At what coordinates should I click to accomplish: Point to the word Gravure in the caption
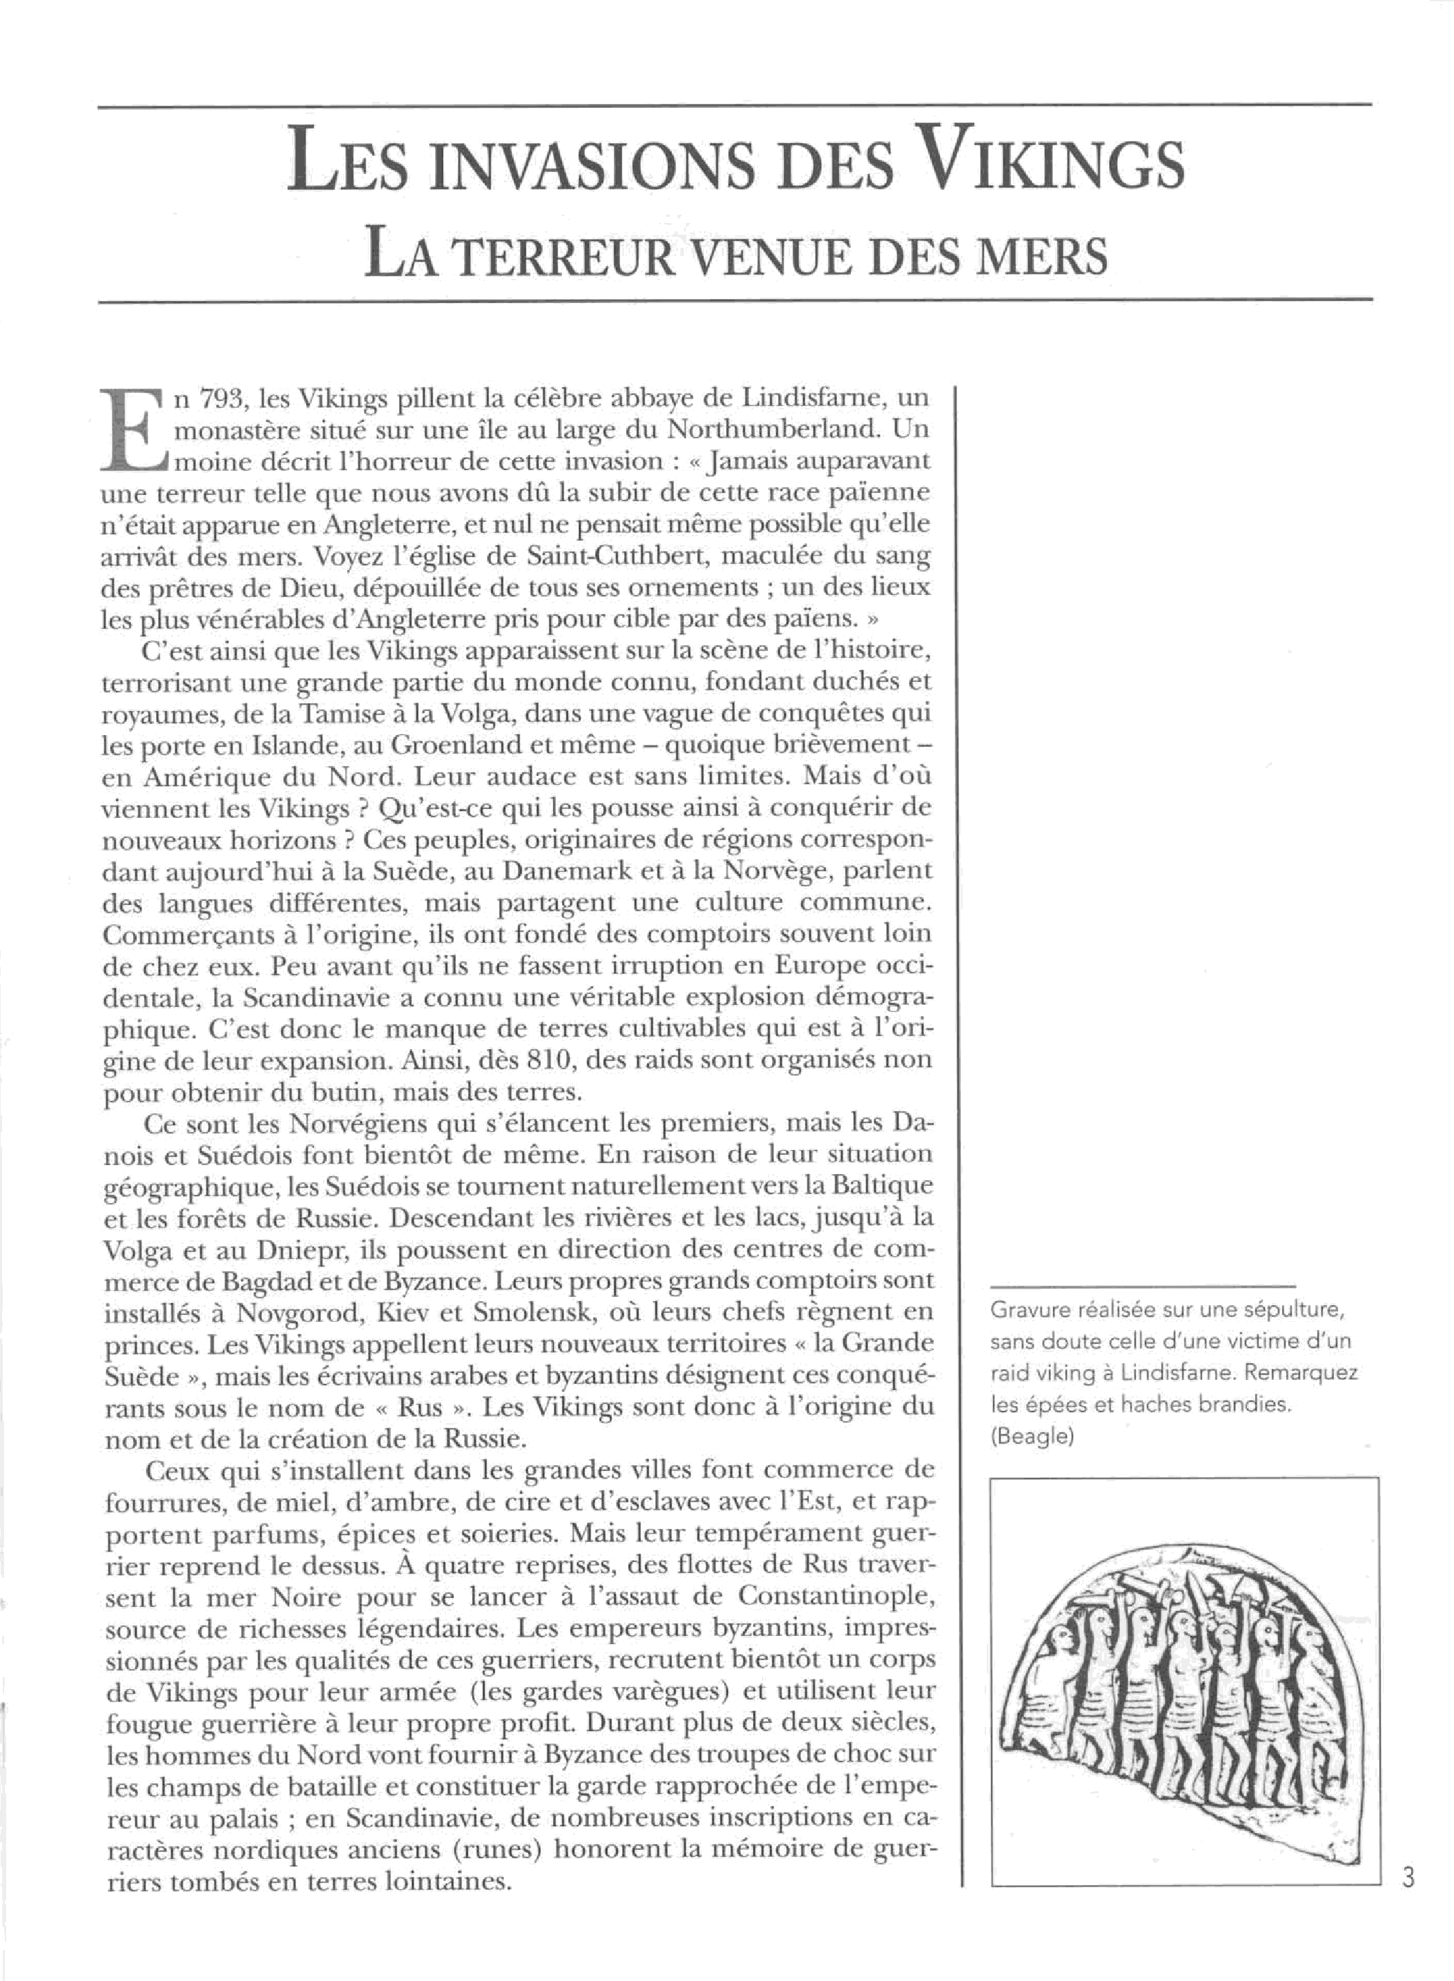(1029, 1310)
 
